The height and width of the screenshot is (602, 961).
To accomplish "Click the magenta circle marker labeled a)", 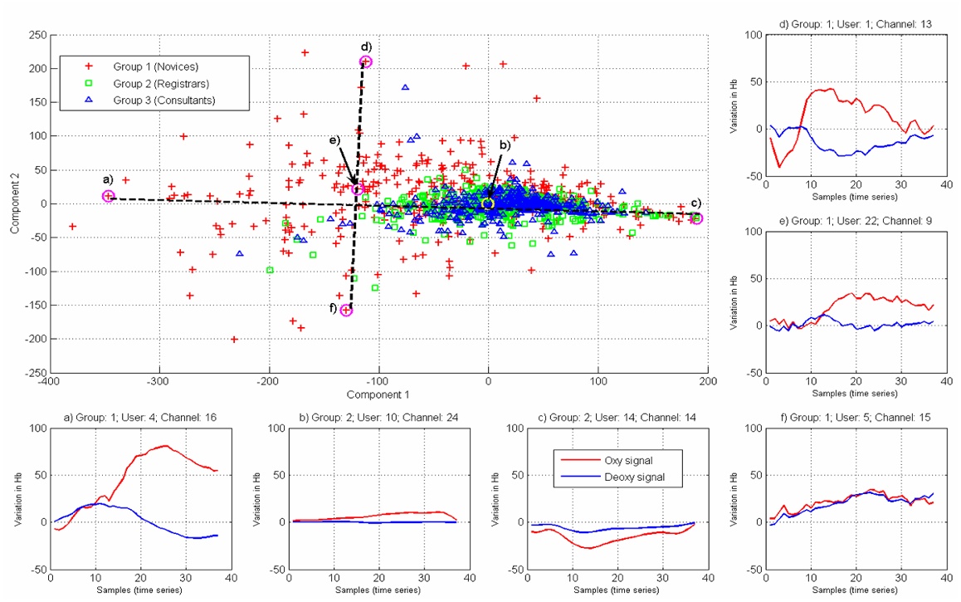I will [x=108, y=196].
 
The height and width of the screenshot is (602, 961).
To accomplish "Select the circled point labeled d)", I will [x=366, y=61].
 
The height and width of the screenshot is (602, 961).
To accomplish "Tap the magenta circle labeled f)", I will [x=346, y=311].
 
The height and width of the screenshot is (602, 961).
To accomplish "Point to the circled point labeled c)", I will [x=697, y=218].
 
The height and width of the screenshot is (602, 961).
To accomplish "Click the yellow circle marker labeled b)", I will [x=488, y=203].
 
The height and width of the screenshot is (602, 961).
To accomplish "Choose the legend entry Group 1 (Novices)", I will [x=156, y=66].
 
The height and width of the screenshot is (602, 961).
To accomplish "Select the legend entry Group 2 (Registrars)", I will [x=160, y=83].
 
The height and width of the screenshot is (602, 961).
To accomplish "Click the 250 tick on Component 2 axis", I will [x=35, y=35].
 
